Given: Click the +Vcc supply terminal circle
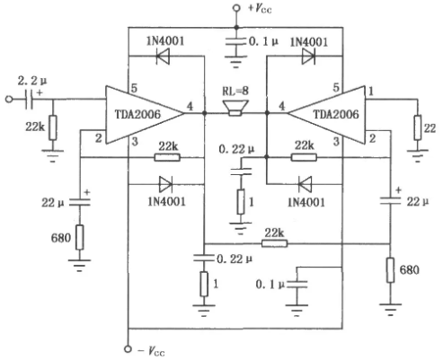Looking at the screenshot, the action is coord(236,8).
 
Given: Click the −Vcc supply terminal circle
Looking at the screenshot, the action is coord(128,349).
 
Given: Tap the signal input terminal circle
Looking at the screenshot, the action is coord(9,99).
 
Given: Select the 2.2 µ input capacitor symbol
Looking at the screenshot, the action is coord(30,99).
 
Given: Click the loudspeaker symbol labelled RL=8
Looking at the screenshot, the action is coord(235,108).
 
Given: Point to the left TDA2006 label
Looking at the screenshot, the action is coord(137,114).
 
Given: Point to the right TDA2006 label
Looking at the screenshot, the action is coord(336,114).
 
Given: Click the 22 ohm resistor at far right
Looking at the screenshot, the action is coord(418,127).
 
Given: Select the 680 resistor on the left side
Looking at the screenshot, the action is coord(79,237).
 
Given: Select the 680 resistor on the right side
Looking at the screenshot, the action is coord(390,270).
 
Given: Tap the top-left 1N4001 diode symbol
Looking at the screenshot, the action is coord(163,56).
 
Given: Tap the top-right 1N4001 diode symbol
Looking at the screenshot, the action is coord(308,56).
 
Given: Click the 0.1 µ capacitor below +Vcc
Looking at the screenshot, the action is coord(236,42).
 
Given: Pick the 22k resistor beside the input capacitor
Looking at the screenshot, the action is coord(53,127).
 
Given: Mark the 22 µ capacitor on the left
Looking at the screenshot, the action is coord(79,202).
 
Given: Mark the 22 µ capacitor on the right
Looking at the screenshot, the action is coord(390,200).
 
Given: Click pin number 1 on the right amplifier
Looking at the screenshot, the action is coord(371,91).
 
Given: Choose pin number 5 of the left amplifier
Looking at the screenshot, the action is coord(134,88).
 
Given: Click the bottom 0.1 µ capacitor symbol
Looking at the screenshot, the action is coord(297,285).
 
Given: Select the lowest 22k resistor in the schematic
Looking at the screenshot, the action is coord(275,243).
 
